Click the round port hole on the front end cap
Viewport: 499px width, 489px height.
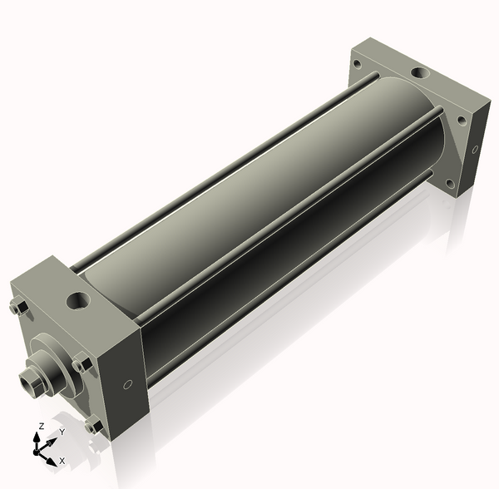pos(78,301)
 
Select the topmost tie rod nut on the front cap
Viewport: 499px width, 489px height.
pos(19,307)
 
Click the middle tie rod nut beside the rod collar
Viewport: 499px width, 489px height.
pos(82,364)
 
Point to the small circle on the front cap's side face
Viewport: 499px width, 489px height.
pos(127,384)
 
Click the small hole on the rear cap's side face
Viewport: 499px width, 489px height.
pos(475,149)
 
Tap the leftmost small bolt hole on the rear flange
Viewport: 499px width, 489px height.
pos(358,65)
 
